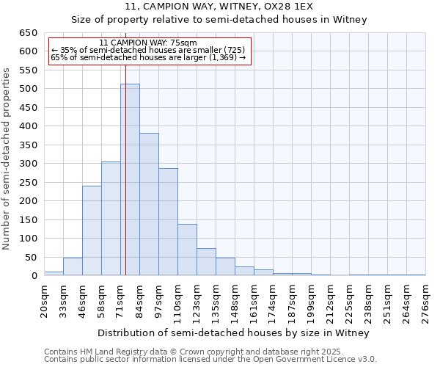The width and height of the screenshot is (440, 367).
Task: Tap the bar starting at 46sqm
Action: click(92, 230)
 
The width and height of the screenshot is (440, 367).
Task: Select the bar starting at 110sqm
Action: click(187, 250)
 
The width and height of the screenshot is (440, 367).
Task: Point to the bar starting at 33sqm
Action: click(73, 266)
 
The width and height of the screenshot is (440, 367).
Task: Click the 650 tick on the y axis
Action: click(28, 33)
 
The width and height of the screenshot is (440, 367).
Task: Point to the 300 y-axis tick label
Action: click(28, 164)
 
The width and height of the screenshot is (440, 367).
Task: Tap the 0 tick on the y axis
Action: click(34, 276)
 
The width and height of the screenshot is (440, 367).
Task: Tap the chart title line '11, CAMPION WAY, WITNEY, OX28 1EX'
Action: click(219, 7)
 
